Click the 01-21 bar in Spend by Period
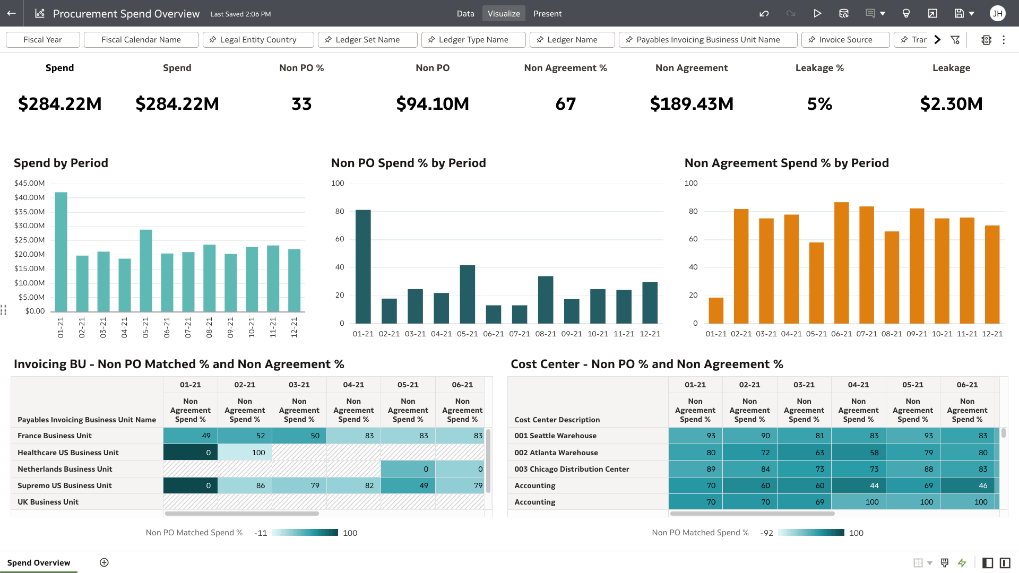point(61,252)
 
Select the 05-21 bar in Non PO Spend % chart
point(467,294)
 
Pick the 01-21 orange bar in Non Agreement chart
point(716,310)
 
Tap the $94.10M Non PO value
point(433,104)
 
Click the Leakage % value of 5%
point(819,104)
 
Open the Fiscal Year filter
point(43,40)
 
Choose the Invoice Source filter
point(845,40)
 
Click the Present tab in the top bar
point(547,14)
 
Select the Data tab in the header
point(465,14)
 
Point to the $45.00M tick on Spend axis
point(30,183)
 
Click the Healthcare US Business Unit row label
point(68,453)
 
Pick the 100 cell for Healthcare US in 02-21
point(245,453)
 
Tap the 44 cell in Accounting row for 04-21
point(858,485)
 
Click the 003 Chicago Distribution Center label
point(572,469)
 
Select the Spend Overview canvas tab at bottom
point(39,562)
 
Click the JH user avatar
point(997,14)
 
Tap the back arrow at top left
point(12,14)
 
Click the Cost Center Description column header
point(557,420)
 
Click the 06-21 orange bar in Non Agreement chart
point(841,263)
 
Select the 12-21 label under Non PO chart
point(650,334)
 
